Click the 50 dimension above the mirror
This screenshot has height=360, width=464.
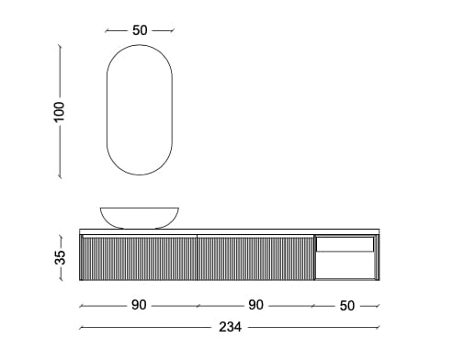coord(140,30)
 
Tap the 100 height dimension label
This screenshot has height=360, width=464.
coord(60,112)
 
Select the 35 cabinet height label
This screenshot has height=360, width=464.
coord(60,257)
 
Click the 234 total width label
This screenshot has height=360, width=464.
coord(230,327)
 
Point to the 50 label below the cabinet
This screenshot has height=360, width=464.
coord(347,306)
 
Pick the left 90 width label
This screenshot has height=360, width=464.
coord(139,305)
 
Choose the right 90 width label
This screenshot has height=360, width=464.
coord(255,305)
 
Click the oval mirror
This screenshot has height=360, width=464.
coord(107,110)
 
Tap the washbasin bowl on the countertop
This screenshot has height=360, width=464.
coord(140,218)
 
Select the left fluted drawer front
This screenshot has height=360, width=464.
coord(139,258)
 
